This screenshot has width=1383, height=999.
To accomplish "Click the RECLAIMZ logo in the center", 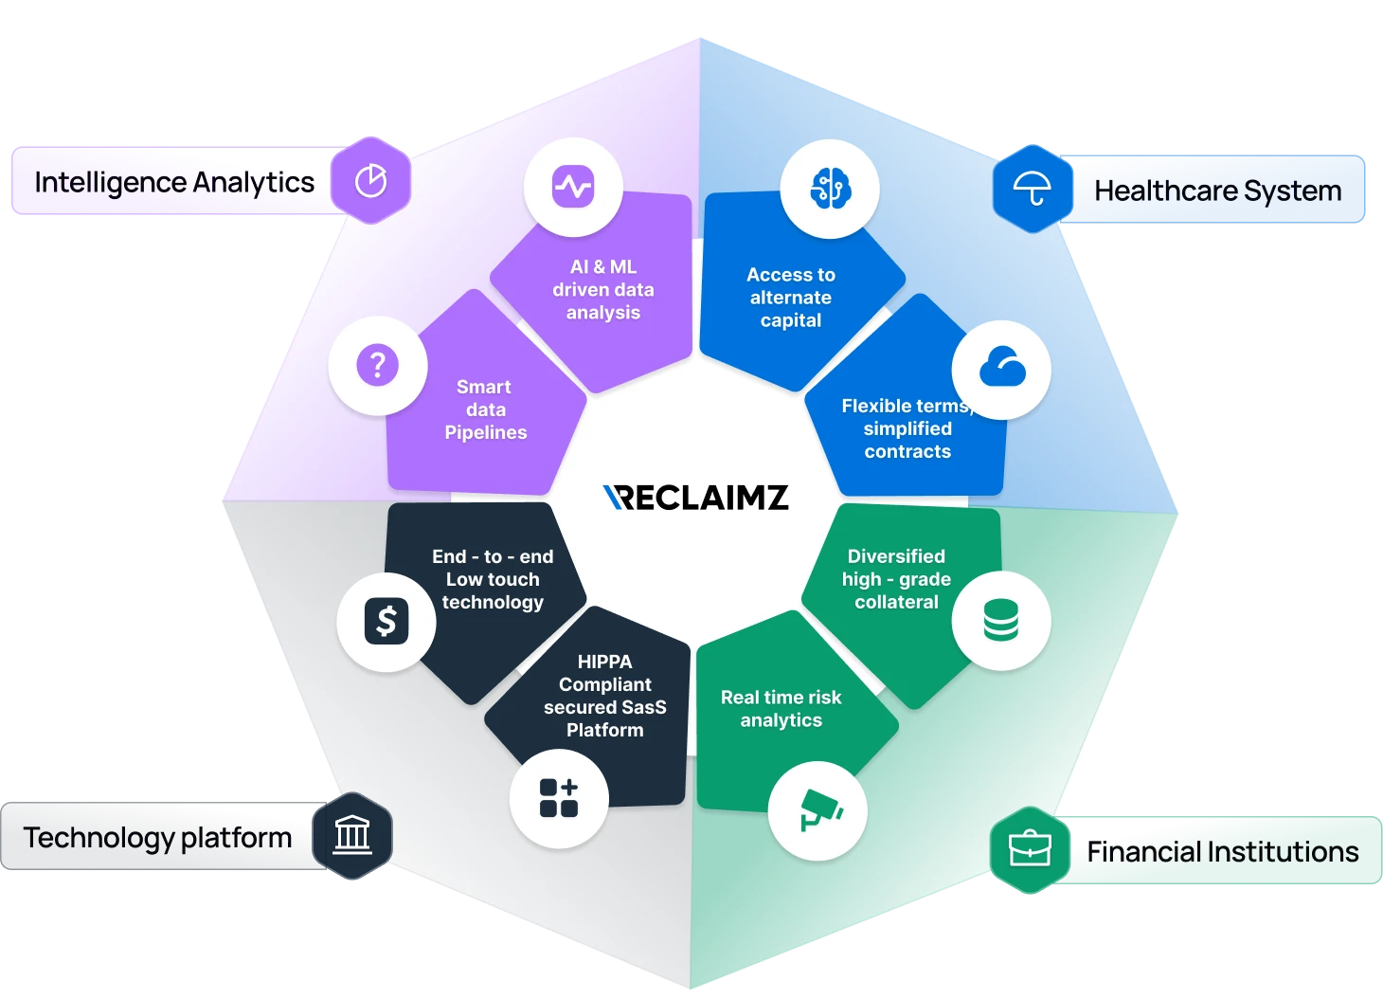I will click(x=696, y=498).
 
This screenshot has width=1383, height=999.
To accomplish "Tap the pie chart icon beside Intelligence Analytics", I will click(x=370, y=181).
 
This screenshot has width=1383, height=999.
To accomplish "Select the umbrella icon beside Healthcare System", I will click(x=1032, y=190).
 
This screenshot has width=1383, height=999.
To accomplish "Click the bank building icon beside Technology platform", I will click(x=352, y=836).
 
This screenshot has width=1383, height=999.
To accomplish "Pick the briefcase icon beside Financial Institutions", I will click(x=1030, y=849).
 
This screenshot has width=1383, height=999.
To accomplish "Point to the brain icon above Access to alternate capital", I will click(x=830, y=189).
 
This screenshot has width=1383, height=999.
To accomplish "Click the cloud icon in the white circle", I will click(x=1001, y=369).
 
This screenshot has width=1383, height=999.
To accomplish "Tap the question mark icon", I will click(x=377, y=365).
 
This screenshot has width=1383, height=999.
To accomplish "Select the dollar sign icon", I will click(x=386, y=622).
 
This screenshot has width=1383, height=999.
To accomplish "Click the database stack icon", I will click(x=1000, y=620).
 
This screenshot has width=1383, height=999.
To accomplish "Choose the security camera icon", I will click(x=817, y=810).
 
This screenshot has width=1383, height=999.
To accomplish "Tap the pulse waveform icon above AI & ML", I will click(x=573, y=187).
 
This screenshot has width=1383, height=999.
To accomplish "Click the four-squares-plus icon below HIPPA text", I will click(x=559, y=798).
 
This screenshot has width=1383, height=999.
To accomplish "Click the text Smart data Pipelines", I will click(x=485, y=409).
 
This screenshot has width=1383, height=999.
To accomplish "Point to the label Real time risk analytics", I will click(x=781, y=709).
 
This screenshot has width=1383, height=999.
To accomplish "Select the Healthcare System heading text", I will click(x=1217, y=191).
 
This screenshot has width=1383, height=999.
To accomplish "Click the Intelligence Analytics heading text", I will click(x=173, y=182).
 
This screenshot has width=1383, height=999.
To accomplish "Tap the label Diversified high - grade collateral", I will click(x=896, y=579).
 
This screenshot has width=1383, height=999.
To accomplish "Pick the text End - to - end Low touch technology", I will click(x=493, y=579).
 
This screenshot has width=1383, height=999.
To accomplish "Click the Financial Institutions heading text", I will click(x=1222, y=852).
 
